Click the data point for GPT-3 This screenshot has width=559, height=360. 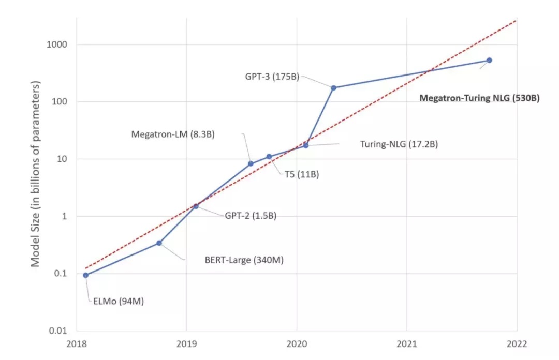[333, 88]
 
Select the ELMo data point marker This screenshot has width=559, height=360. [85, 275]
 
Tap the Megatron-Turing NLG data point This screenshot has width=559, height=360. [489, 61]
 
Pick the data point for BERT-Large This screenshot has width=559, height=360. [159, 243]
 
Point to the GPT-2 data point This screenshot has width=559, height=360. [196, 206]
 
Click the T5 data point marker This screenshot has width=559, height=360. [269, 157]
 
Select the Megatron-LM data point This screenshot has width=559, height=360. [251, 164]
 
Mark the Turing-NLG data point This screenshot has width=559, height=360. [306, 145]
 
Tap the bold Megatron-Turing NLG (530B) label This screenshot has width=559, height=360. [479, 98]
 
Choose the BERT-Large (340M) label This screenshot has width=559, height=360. [244, 260]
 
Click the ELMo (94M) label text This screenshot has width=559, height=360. [118, 301]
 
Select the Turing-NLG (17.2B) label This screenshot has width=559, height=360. [399, 144]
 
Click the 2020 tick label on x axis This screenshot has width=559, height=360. [297, 344]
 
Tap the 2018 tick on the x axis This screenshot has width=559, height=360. [77, 344]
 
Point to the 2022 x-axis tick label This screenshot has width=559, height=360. [517, 344]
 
